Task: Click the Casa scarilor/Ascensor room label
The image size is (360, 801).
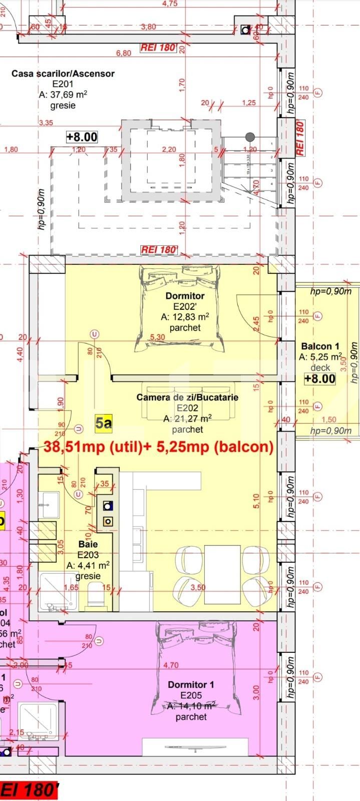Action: [x=63, y=74]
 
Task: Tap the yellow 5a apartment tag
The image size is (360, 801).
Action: [x=104, y=424]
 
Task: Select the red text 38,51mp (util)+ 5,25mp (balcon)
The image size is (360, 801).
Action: [x=159, y=447]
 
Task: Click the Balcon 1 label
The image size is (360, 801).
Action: [x=320, y=346]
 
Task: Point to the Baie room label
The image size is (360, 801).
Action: [x=88, y=544]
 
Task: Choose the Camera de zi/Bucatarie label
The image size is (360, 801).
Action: [x=187, y=397]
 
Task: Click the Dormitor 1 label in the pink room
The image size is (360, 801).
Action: [x=191, y=684]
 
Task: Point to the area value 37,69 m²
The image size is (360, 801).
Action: [x=63, y=95]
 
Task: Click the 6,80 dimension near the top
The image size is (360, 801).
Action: [x=124, y=53]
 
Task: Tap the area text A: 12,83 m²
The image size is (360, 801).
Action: [x=185, y=317]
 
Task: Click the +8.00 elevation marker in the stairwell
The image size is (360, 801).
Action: [x=82, y=137]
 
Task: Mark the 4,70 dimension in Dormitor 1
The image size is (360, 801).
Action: [x=171, y=665]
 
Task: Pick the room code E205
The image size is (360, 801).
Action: [x=191, y=695]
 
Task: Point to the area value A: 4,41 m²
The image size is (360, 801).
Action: [x=88, y=565]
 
